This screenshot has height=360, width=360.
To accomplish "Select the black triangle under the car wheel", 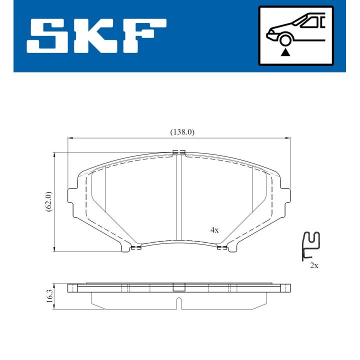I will [286, 51].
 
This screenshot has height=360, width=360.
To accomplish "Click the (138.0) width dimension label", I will [181, 132].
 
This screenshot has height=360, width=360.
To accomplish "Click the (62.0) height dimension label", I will [48, 201].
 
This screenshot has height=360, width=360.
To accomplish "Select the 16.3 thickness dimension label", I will [48, 294].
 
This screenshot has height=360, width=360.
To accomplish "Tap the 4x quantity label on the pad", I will [214, 230].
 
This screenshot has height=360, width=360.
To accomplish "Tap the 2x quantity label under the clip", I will [314, 265].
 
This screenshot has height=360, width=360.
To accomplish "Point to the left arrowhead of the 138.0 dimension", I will [70, 138].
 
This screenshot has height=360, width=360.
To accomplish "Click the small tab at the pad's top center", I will [178, 152].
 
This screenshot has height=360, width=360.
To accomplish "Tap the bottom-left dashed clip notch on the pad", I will [135, 246].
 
